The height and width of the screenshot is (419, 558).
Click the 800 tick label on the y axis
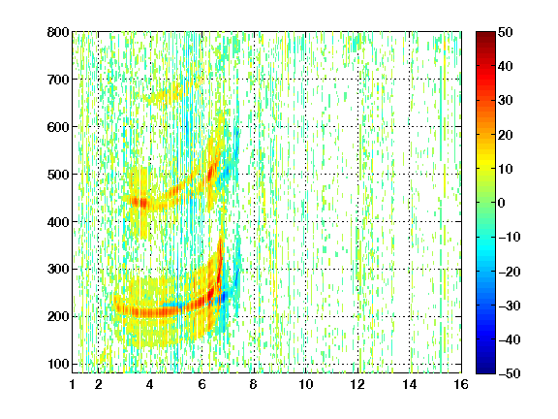tap(58, 32)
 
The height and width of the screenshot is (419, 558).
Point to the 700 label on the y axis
tap(58, 80)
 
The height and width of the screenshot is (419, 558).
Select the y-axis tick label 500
tap(58, 175)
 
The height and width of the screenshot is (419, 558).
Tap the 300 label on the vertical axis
tap(58, 270)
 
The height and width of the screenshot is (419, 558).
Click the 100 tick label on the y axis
tap(58, 364)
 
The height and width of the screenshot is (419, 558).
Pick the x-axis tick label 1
tap(73, 384)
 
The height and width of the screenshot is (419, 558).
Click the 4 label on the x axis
tap(150, 384)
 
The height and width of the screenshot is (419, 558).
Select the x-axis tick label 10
tap(305, 384)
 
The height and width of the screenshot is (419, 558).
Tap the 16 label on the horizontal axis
tap(461, 384)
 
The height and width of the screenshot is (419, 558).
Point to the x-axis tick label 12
tap(357, 384)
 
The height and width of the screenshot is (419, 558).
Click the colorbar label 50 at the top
tap(506, 32)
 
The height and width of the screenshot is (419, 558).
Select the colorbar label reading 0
tap(502, 203)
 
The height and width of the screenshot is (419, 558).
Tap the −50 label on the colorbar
tap(510, 373)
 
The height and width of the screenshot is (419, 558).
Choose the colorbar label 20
tap(506, 135)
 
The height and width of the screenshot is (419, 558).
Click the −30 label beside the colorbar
tap(510, 306)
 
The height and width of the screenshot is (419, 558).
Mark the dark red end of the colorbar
tap(485, 35)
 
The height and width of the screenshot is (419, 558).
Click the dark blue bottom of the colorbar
tap(485, 371)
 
